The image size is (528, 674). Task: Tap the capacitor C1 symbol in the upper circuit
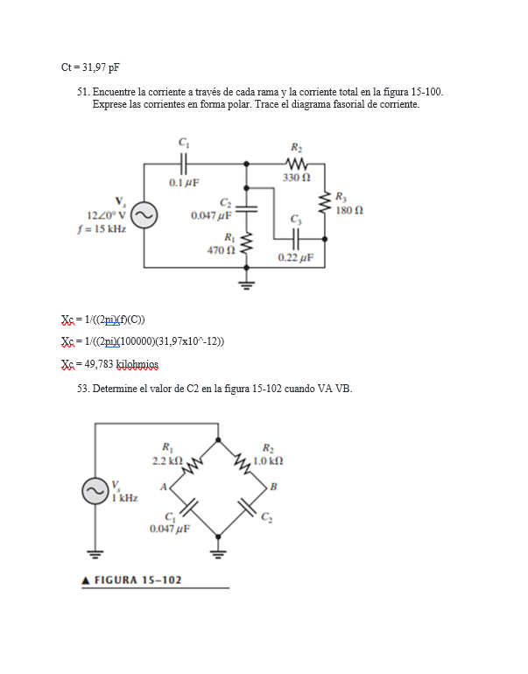183,163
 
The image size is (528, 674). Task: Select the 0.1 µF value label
184,183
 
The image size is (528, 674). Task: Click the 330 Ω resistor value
297,178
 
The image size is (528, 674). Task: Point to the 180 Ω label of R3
350,211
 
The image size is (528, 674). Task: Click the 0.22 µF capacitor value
296,257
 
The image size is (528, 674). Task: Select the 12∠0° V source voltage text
106,215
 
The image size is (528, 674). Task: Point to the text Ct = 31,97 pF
90,67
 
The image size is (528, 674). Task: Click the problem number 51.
84,91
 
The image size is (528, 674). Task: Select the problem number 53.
84,388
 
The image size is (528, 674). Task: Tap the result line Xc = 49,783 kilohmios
110,364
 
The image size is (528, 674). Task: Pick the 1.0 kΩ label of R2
266,460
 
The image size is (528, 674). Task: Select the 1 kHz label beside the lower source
124,498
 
